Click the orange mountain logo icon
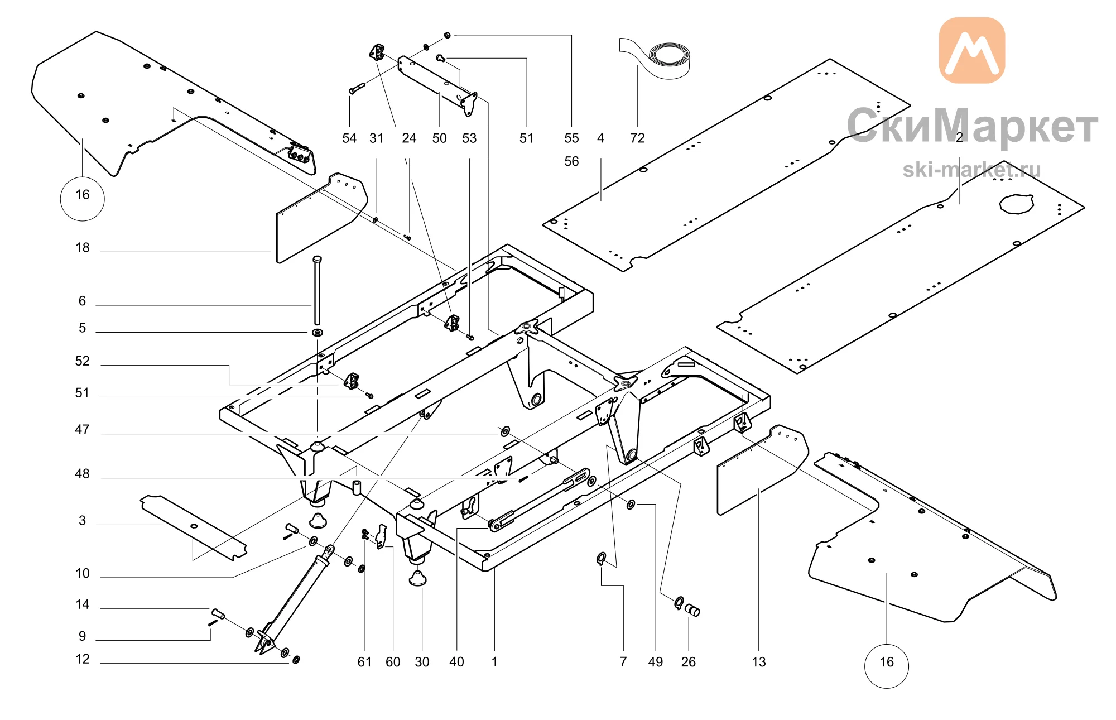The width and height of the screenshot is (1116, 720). tap(972, 50)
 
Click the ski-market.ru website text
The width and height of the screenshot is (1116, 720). tap(971, 170)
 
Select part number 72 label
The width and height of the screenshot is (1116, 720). tap(637, 138)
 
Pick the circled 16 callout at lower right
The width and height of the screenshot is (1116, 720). tap(887, 666)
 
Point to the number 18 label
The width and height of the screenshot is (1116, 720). tap(83, 248)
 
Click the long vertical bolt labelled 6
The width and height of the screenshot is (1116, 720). tap(318, 290)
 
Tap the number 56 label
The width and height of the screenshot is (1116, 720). tap(571, 161)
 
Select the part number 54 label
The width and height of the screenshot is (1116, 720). tap(349, 138)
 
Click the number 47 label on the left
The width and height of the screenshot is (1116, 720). tap(82, 429)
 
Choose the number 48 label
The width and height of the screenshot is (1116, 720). tap(82, 474)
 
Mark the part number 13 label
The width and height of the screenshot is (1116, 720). tap(759, 662)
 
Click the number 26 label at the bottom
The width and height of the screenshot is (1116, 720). tap(689, 662)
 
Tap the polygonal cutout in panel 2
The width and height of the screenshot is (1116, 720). tap(1016, 204)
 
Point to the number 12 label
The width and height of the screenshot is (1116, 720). tap(83, 659)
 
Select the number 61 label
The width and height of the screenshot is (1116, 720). tap(364, 662)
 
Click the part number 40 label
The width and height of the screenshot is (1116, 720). tap(456, 662)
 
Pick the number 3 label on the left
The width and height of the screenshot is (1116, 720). tap(83, 521)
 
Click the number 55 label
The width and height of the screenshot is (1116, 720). tap(571, 138)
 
